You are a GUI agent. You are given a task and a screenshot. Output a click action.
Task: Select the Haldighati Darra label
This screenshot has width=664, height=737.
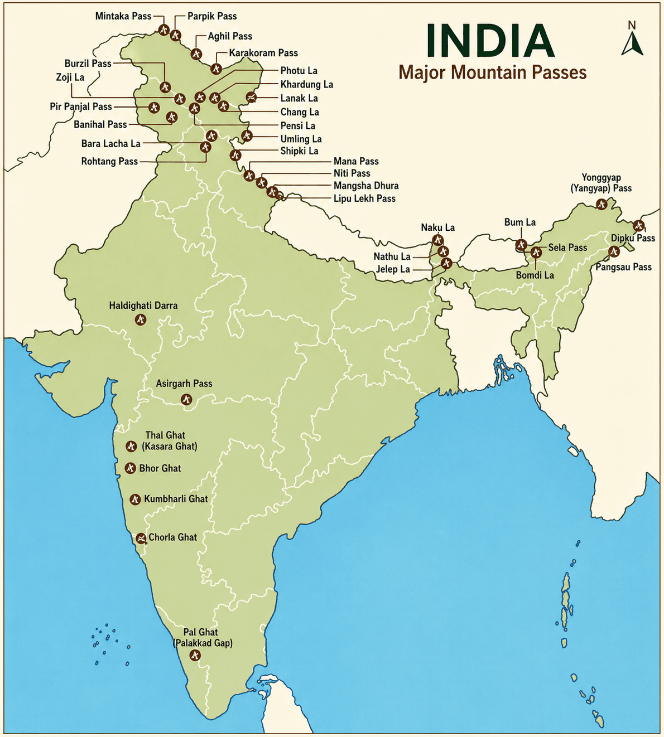pyautogui.click(x=143, y=306)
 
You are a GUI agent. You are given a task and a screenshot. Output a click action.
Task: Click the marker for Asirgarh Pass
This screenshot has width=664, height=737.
pyautogui.click(x=186, y=399)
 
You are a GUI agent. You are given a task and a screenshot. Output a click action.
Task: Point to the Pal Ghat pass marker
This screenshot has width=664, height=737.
pyautogui.click(x=195, y=655)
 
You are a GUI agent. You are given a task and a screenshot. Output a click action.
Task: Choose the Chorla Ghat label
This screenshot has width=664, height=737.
pyautogui.click(x=172, y=537)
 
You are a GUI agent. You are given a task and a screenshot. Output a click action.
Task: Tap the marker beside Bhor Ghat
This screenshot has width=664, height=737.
pyautogui.click(x=130, y=468)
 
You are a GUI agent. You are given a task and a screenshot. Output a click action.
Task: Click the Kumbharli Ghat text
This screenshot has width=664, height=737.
pyautogui.click(x=176, y=499)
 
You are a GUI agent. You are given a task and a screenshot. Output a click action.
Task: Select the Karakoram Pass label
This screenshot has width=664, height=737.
pyautogui.click(x=263, y=53)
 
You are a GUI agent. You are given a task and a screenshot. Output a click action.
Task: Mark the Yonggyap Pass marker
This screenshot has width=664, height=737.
pyautogui.click(x=601, y=204)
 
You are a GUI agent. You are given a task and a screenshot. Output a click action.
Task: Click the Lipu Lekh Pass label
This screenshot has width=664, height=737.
pyautogui.click(x=364, y=198)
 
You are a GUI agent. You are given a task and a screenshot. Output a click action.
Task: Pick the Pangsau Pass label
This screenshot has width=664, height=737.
pyautogui.click(x=623, y=267)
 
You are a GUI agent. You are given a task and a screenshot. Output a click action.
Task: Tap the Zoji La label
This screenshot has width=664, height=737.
pyautogui.click(x=70, y=77)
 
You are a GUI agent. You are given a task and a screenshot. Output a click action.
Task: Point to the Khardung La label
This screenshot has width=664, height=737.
pyautogui.click(x=306, y=85)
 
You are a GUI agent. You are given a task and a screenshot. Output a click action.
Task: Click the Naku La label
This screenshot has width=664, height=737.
pyautogui.click(x=437, y=227)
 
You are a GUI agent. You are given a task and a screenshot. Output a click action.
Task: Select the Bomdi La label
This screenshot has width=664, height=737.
pyautogui.click(x=535, y=275)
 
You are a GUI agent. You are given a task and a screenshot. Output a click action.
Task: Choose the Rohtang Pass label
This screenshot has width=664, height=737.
pyautogui.click(x=109, y=162)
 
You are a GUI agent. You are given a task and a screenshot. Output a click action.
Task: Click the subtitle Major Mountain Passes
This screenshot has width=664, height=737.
pyautogui.click(x=492, y=72)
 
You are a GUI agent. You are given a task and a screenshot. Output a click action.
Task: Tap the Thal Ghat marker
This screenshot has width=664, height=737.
pyautogui.click(x=131, y=446)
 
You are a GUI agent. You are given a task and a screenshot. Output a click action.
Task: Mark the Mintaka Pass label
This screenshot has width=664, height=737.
pyautogui.click(x=123, y=16)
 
